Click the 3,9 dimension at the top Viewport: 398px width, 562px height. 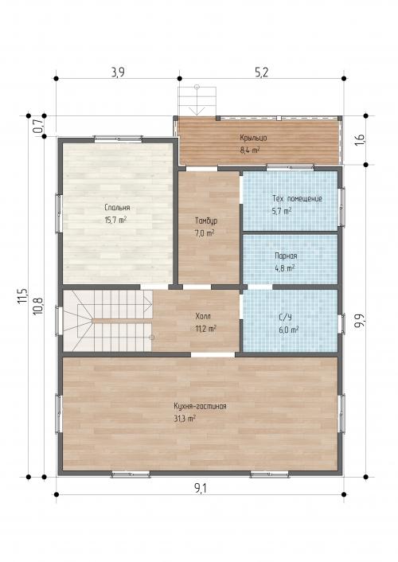point(118,72)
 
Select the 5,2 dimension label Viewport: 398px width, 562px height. point(261,72)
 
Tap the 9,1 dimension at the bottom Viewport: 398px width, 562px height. point(201,488)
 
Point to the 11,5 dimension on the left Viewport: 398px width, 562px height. point(22,296)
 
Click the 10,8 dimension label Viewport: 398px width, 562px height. point(38,306)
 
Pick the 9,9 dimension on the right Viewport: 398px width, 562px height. point(360,321)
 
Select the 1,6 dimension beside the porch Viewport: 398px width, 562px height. point(360,139)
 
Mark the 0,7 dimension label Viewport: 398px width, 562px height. point(38,126)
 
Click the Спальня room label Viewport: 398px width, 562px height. point(117,208)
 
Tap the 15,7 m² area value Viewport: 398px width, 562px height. point(115,220)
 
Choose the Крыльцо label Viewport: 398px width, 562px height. point(253,138)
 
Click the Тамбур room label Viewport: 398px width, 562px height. point(206,221)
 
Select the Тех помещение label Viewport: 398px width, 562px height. point(297,198)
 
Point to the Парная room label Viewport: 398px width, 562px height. point(286,256)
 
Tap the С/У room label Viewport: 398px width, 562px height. point(286,317)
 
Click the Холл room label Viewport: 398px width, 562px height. point(203,317)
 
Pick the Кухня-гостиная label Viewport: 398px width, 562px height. point(200,407)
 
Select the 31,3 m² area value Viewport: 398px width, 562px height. point(185,419)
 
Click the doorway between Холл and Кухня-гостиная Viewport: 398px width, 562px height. point(213,354)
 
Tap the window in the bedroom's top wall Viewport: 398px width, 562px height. point(119,139)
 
